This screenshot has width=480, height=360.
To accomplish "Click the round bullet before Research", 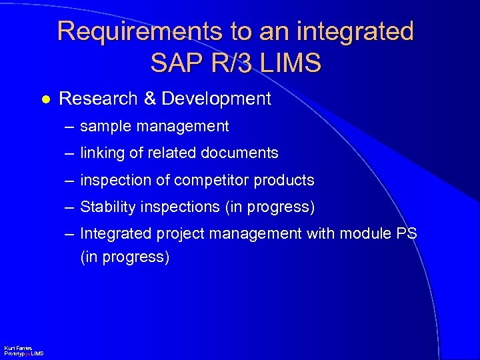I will point(45,99).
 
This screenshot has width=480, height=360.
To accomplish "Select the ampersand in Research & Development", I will point(150,99).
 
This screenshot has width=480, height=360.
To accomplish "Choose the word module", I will point(367,234).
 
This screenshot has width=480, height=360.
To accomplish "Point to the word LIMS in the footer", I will point(37,353).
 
